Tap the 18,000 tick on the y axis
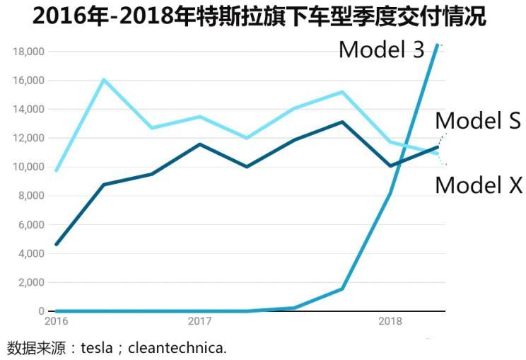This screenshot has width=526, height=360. (28, 52)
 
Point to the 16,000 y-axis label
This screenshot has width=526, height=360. (28, 81)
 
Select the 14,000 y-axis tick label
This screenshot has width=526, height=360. (28, 110)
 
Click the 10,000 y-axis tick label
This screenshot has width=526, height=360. (28, 167)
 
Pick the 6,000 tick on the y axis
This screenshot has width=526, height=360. (31, 225)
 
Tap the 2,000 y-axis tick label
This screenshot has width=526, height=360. (31, 282)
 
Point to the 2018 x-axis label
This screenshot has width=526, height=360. (390, 321)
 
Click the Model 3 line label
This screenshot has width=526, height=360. (381, 49)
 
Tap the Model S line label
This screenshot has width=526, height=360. (478, 121)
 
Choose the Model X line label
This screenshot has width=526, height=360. (478, 185)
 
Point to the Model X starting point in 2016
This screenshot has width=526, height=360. (56, 170)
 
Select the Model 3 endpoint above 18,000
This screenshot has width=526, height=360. (437, 45)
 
